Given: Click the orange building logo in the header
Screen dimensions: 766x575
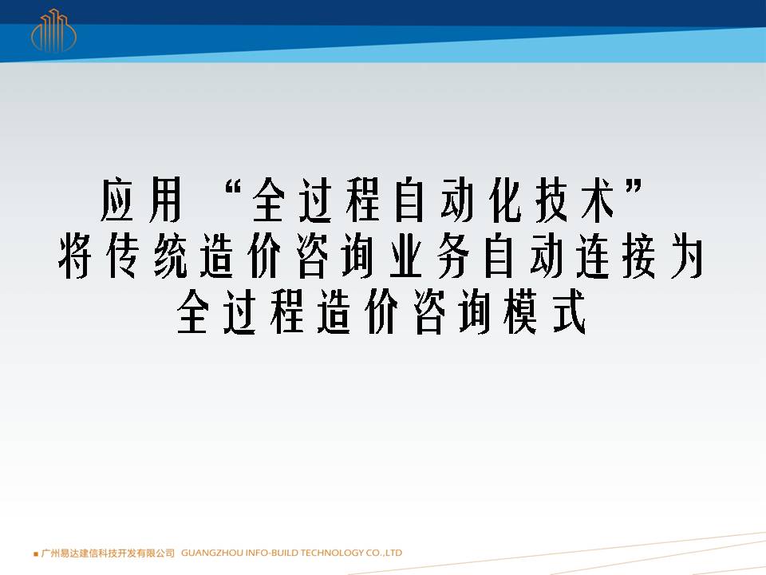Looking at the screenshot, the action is pos(53,30).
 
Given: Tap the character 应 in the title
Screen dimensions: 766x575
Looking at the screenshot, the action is pos(117,200).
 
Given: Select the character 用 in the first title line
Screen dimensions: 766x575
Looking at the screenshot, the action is pos(166,200).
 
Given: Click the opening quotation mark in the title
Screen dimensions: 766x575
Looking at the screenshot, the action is pos(235,187).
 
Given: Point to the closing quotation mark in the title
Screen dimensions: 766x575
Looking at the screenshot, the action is pos(634,187).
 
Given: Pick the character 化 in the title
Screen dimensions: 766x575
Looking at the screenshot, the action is pos(505,200).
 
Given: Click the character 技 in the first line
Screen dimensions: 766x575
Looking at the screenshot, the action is pos(552,200).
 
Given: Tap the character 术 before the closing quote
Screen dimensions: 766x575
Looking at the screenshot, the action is pos(599,200).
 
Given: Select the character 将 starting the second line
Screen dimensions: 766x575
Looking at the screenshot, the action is pos(75,256).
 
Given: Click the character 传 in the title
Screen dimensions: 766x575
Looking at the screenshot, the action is pos(122,256).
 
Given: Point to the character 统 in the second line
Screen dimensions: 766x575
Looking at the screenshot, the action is pos(170,256).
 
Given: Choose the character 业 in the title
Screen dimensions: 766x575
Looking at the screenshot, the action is pos(406,256).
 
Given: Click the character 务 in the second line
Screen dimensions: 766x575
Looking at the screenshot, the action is pos(453,256).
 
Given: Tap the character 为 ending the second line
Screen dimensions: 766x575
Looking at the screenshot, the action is pos(687,256).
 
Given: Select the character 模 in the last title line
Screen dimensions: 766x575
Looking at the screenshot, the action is pos(522,311).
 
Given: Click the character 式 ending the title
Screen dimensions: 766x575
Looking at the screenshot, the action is pos(570,311).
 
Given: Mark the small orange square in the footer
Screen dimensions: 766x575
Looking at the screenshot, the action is pos(36,554).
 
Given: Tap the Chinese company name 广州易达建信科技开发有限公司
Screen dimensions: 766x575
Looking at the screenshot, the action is pos(108,553).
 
